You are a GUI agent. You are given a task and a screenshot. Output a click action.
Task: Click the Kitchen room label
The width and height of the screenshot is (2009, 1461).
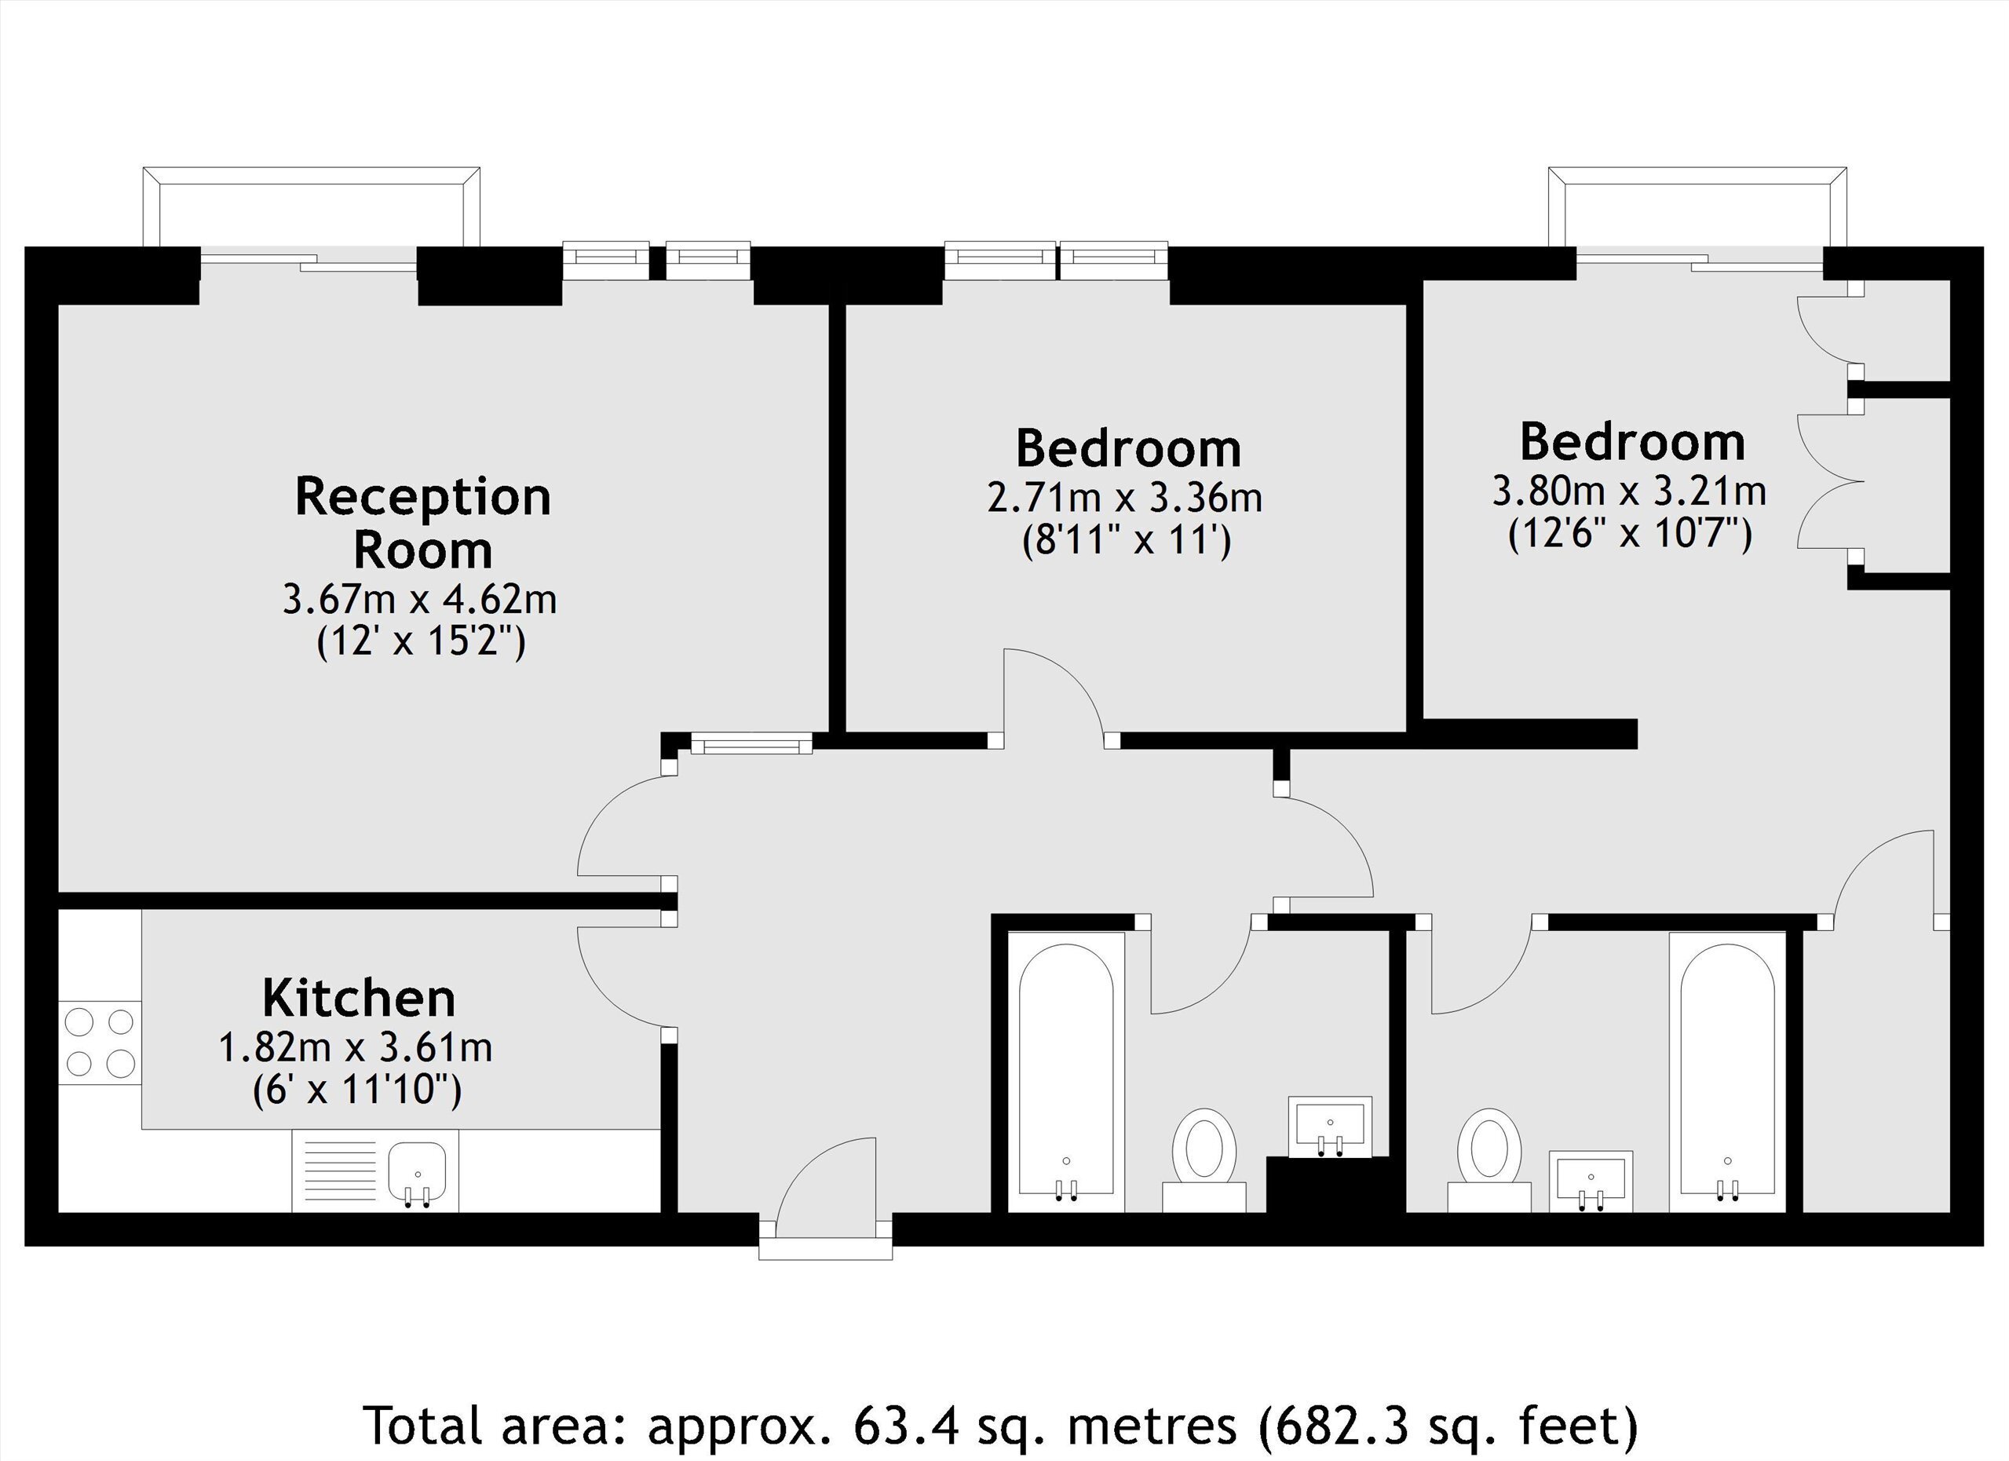click(x=359, y=999)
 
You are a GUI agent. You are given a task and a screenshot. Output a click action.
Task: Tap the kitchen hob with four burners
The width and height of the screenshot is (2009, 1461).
click(x=100, y=1042)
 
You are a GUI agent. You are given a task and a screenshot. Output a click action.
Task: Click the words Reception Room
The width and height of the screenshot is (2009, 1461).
click(x=422, y=523)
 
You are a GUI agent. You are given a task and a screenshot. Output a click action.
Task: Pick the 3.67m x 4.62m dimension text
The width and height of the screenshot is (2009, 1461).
click(x=420, y=599)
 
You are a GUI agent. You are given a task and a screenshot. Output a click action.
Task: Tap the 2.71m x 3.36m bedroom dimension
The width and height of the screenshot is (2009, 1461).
click(x=1125, y=498)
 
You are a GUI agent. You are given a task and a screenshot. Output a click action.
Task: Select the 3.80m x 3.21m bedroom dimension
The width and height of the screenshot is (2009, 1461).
click(x=1630, y=491)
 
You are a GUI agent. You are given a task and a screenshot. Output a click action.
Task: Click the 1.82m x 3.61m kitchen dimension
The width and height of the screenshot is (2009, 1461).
click(x=355, y=1048)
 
